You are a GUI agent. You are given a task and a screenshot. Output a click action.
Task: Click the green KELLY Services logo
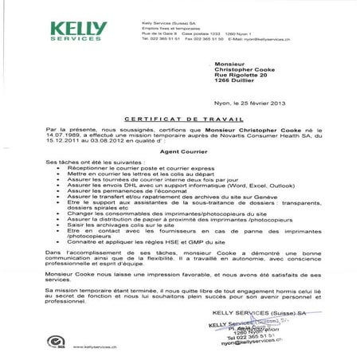point(79,31)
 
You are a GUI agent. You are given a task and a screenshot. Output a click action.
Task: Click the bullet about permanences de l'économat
point(127,198)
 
